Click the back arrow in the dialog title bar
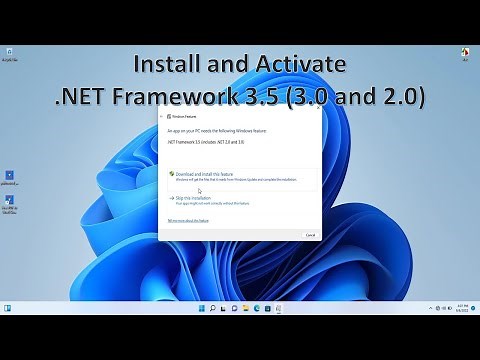(162, 116)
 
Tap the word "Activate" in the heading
(296, 65)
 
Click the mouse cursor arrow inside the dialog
(199, 190)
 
